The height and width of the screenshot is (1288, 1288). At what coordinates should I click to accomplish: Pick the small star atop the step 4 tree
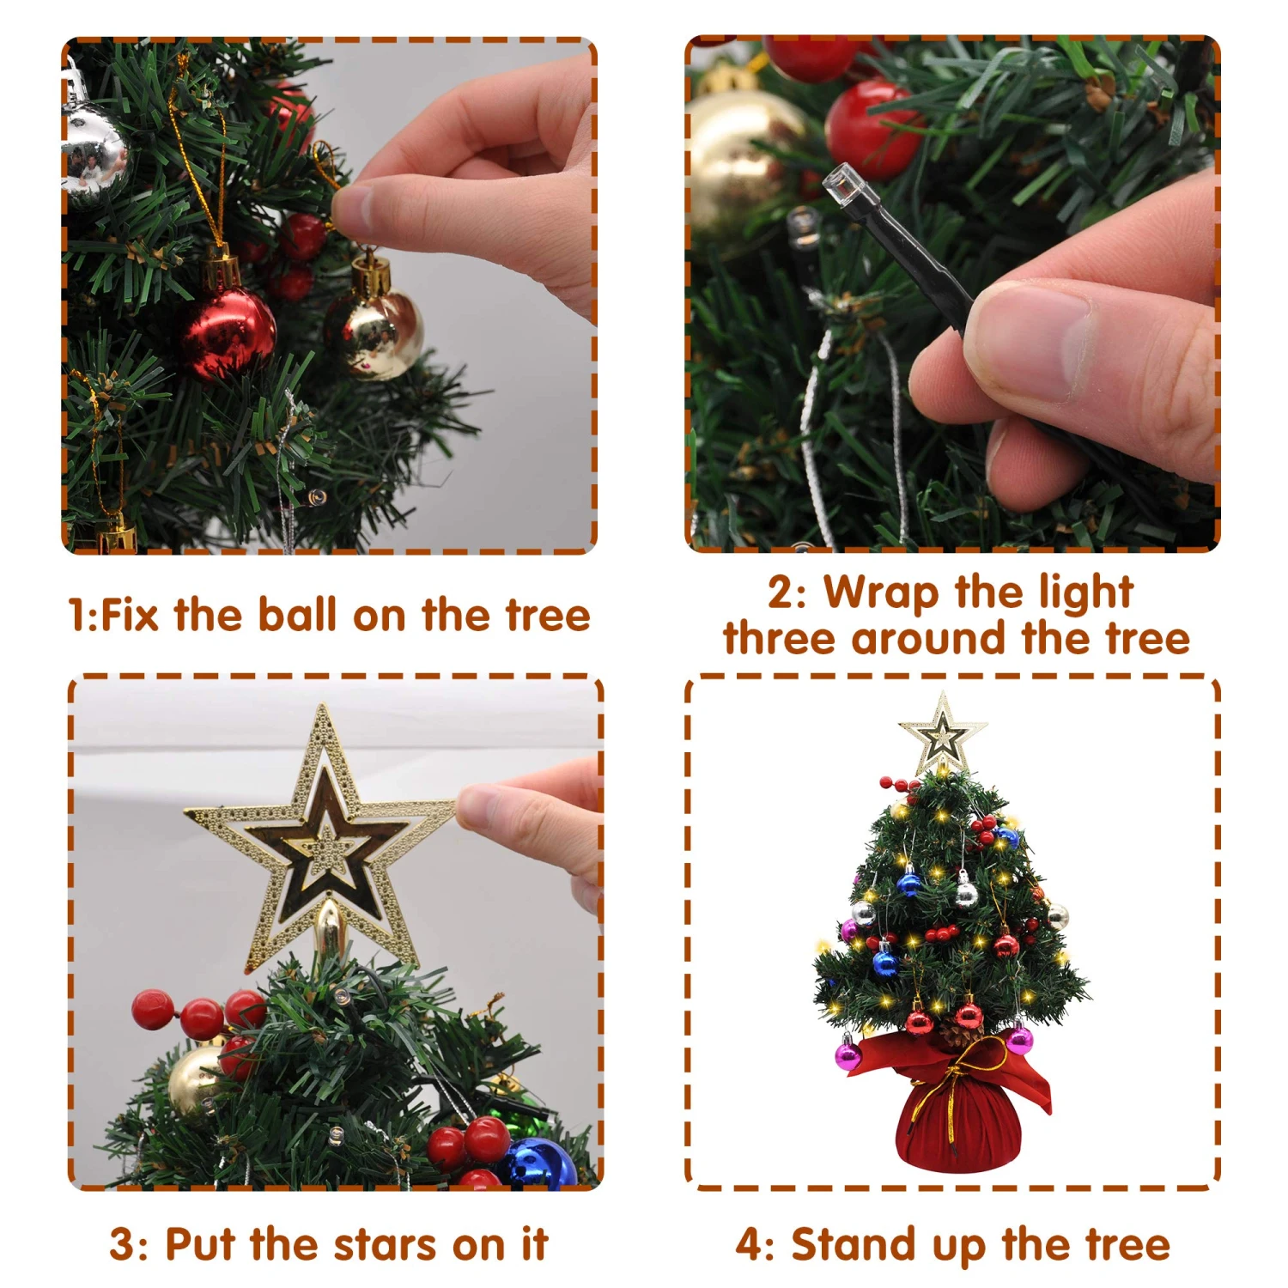coord(943,735)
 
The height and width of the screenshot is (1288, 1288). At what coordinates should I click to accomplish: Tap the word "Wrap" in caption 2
coord(881,592)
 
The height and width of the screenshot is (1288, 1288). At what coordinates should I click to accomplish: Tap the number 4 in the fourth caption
coord(749,1245)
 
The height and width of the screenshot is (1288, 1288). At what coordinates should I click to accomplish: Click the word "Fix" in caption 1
coord(131,615)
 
